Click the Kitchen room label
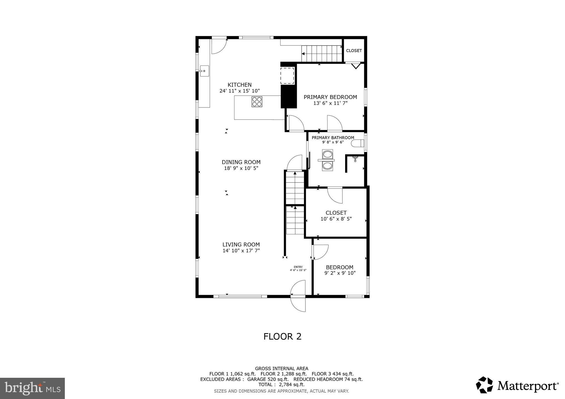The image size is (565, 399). tap(239, 85)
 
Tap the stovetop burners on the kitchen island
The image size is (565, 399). tap(257, 102)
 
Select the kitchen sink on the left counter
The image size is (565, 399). tap(204, 71)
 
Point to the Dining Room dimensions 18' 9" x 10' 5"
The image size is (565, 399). tap(241, 168)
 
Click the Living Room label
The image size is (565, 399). tap(241, 244)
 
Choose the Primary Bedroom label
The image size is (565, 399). tap(330, 97)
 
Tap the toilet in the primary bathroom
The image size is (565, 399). tap(358, 143)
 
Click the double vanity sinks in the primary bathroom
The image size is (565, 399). tap(327, 160)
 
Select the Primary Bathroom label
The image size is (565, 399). tap(333, 138)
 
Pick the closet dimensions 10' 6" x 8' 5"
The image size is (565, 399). tap(336, 219)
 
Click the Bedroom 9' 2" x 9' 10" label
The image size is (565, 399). tap(340, 270)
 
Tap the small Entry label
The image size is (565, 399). tap(298, 267)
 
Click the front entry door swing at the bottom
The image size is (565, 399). tap(298, 296)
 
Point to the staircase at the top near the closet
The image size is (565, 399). tap(322, 54)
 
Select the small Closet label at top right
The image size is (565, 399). tap(354, 51)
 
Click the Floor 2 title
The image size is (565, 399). tap(282, 336)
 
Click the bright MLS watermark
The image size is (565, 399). tap(33, 388)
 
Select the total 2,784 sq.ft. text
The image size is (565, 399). tap(281, 384)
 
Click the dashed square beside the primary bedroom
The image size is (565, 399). tap(287, 76)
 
